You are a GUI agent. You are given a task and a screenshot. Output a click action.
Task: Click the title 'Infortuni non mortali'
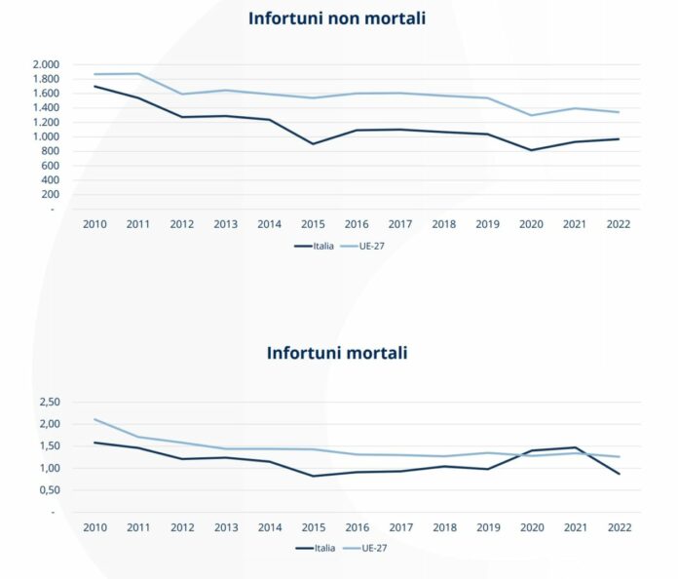coord(337,19)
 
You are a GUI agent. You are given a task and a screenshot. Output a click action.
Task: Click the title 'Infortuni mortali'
coord(337,353)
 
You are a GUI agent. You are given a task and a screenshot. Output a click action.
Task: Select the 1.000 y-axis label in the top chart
coord(46,137)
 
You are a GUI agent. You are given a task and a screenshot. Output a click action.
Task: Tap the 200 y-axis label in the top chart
coord(51,195)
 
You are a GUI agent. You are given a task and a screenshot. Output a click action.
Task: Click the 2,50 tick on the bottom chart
coord(49,402)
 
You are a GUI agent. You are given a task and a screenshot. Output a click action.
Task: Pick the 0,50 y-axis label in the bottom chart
coord(49,490)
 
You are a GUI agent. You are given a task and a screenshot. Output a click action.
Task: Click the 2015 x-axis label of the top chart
coord(313,223)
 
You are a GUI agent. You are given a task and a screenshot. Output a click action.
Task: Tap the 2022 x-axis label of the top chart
coord(618,223)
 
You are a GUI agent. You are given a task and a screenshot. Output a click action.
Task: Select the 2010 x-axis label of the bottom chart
coord(94,526)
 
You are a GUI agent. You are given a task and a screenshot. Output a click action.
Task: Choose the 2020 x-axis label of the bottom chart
coord(531,526)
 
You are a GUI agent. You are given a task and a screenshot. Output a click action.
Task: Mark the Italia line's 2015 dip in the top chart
coord(313,144)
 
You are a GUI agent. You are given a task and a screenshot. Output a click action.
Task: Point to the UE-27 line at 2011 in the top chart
coord(138,74)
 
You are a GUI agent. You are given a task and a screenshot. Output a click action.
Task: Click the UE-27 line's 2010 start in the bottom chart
coord(94,419)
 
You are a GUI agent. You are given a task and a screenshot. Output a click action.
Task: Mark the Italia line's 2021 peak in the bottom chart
coord(575,447)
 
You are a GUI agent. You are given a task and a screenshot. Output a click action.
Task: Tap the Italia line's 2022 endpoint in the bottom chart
coord(618,474)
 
